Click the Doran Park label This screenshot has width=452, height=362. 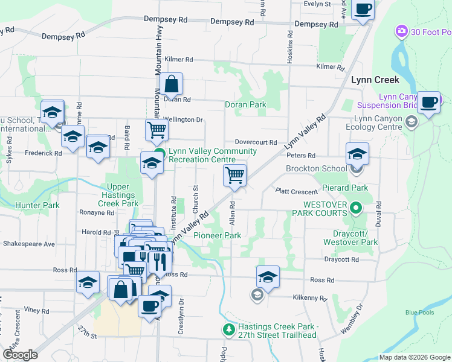(245, 104)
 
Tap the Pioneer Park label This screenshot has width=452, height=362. (217, 235)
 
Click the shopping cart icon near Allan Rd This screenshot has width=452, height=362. (234, 176)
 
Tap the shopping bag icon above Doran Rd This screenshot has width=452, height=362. (172, 84)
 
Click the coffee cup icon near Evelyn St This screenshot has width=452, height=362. (363, 9)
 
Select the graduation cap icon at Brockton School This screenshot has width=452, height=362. (357, 154)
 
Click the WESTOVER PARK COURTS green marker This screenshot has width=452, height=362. (356, 209)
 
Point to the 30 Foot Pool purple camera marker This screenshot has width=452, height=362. (401, 31)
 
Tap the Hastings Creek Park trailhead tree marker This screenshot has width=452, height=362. (228, 329)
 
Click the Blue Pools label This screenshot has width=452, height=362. (419, 312)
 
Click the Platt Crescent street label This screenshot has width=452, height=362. (296, 191)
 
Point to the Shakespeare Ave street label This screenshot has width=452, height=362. (29, 244)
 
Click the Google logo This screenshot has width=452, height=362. (21, 355)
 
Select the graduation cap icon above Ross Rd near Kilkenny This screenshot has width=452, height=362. (268, 277)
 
